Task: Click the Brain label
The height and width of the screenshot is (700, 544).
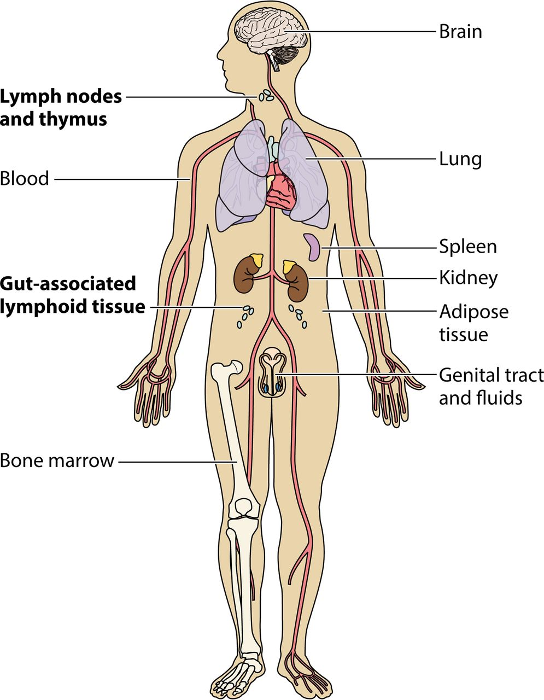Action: tap(460, 32)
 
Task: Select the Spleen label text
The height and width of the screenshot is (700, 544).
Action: tap(468, 247)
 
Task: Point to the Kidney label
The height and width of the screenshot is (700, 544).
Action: tap(469, 278)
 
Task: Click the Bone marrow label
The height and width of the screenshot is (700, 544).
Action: tap(57, 461)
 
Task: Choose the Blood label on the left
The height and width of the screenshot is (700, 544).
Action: tap(25, 178)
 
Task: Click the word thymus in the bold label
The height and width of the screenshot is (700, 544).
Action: tap(73, 120)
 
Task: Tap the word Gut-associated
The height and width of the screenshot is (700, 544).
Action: tap(68, 284)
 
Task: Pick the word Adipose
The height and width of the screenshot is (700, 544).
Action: tap(474, 312)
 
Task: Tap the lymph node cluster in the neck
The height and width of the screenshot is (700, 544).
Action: tap(266, 95)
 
